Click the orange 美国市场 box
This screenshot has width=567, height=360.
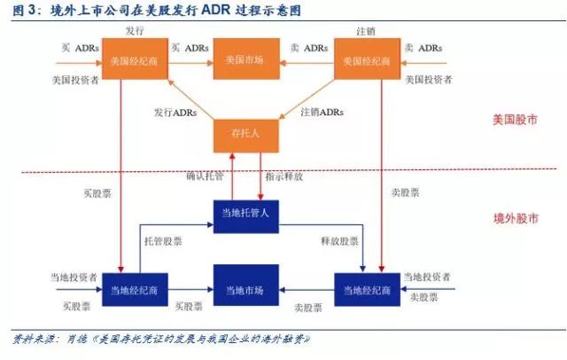click(245, 61)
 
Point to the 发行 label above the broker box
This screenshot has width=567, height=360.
click(135, 30)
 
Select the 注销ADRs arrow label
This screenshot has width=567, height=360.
click(322, 113)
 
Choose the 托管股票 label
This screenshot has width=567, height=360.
click(163, 239)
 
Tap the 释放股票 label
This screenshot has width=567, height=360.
click(340, 239)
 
